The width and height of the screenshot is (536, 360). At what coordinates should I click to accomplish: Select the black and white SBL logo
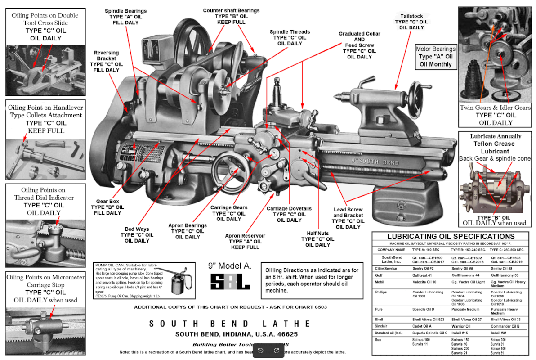point(230,282)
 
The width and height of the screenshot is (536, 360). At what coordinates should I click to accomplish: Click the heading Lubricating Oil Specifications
point(451,236)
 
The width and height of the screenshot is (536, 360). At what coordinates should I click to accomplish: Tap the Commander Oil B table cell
point(505,326)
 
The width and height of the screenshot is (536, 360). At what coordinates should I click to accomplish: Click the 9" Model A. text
point(230,265)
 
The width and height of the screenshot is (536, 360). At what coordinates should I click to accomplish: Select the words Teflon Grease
point(489,144)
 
